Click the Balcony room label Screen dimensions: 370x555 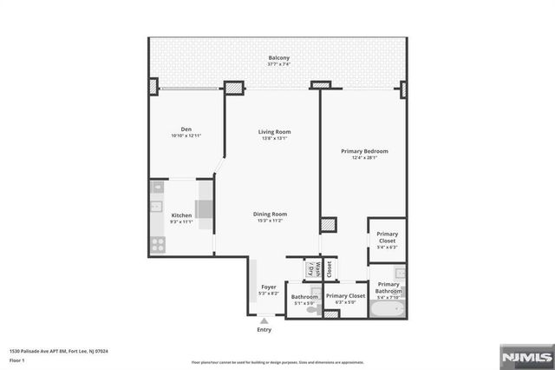tap(278, 57)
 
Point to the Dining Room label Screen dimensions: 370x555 tap(270, 214)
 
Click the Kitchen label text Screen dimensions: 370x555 tap(181, 215)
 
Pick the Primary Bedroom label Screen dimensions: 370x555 tap(363, 151)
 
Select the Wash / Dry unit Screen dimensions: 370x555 tap(311, 269)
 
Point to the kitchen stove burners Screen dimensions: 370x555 tap(158, 244)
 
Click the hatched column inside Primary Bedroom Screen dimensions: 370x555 tap(327, 224)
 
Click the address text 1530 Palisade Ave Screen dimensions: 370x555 tap(60, 351)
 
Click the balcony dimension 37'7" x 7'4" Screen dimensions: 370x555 tap(278, 64)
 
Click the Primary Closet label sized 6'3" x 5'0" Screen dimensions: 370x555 tap(345, 296)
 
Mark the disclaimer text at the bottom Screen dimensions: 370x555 tap(277, 361)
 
